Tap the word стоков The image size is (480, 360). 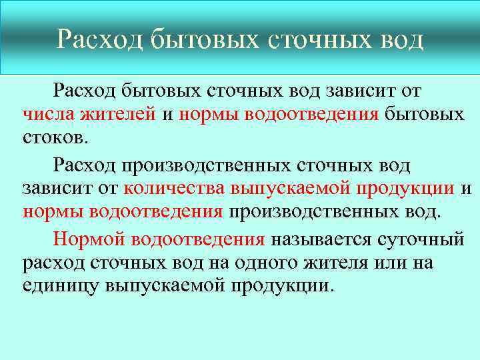[53, 139]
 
